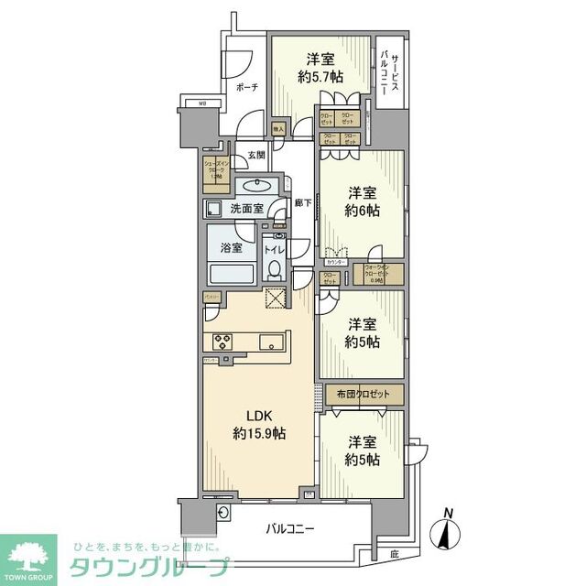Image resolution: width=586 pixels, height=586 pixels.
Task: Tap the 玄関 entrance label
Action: (x=255, y=157)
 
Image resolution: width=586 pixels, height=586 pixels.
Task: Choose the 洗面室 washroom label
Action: (x=246, y=208)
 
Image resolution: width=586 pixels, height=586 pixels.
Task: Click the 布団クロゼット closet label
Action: (x=364, y=394)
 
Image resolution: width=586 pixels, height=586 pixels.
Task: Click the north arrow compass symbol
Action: (x=447, y=531)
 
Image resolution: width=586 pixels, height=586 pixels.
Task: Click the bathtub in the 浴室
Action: (x=232, y=274)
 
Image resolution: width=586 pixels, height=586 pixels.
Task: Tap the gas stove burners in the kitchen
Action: (x=224, y=342)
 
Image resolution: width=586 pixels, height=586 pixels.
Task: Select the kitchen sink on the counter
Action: (x=272, y=342)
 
